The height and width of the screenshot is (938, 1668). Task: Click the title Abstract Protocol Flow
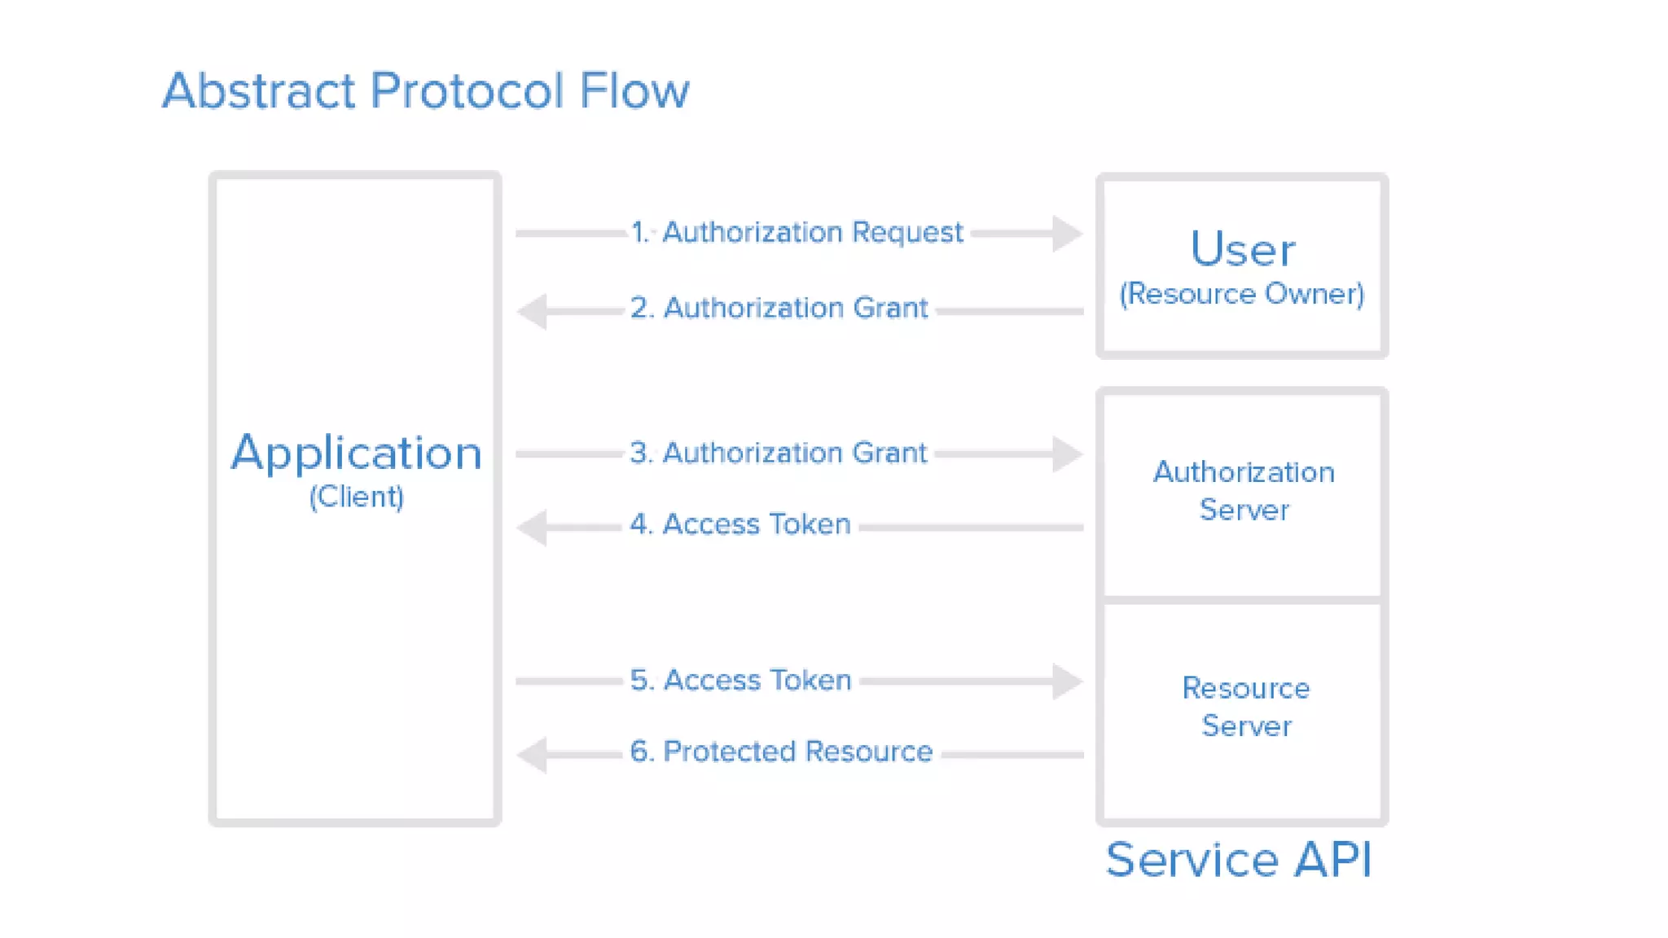point(425,90)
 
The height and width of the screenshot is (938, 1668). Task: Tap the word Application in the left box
point(356,453)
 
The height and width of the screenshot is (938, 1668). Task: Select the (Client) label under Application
point(356,497)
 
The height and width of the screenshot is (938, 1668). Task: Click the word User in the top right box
point(1242,248)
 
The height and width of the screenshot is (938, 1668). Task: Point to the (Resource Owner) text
point(1241,294)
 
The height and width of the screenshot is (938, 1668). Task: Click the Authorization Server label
point(1244,491)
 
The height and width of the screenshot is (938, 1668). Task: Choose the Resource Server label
point(1245,707)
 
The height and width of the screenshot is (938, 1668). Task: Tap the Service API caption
point(1239,859)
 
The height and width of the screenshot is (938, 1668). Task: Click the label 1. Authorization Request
point(797,233)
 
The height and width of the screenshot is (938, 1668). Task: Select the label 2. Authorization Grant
point(779,309)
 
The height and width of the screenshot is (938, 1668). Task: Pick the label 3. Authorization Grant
point(778,453)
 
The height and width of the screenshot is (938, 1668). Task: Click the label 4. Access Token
point(740,524)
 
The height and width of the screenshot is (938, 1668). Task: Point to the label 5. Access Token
point(740,680)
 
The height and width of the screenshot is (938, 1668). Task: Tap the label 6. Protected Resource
point(780,752)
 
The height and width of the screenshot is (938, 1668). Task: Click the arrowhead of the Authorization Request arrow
point(1066,234)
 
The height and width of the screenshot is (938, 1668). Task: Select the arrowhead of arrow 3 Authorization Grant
point(1066,454)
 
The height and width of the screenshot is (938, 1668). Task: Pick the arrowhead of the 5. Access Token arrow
point(1066,682)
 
